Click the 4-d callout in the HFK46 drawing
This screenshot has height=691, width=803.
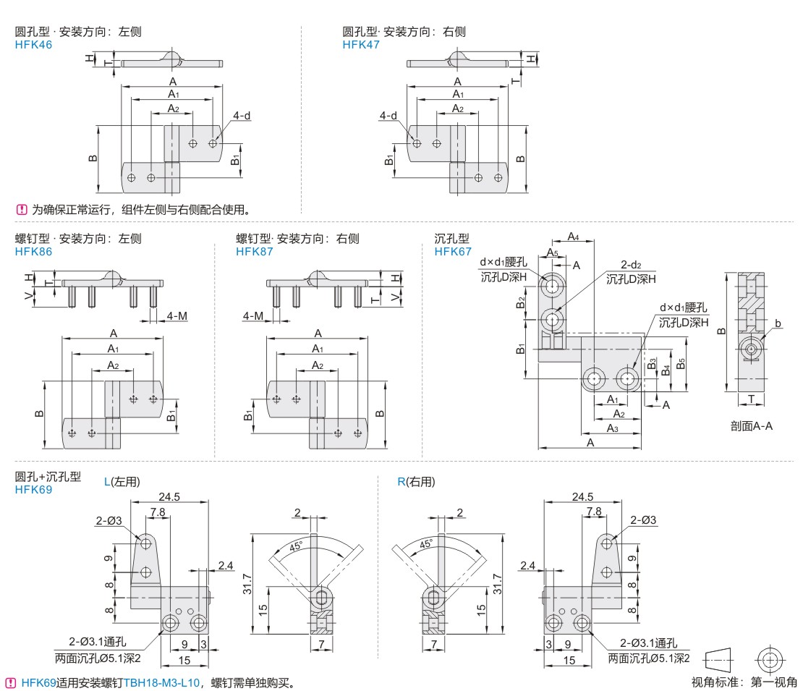241,116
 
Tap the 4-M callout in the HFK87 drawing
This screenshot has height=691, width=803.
252,316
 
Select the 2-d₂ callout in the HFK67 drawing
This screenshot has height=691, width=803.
631,266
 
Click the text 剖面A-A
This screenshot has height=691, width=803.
751,426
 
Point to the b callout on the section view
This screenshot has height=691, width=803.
778,323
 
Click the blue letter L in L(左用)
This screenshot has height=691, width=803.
108,482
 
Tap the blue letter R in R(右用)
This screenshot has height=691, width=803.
401,482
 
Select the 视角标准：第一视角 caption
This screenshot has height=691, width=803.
744,682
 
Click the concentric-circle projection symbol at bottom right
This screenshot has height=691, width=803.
769,660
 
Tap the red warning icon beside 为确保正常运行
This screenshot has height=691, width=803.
21,211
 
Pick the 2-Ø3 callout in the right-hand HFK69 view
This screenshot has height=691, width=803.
642,520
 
